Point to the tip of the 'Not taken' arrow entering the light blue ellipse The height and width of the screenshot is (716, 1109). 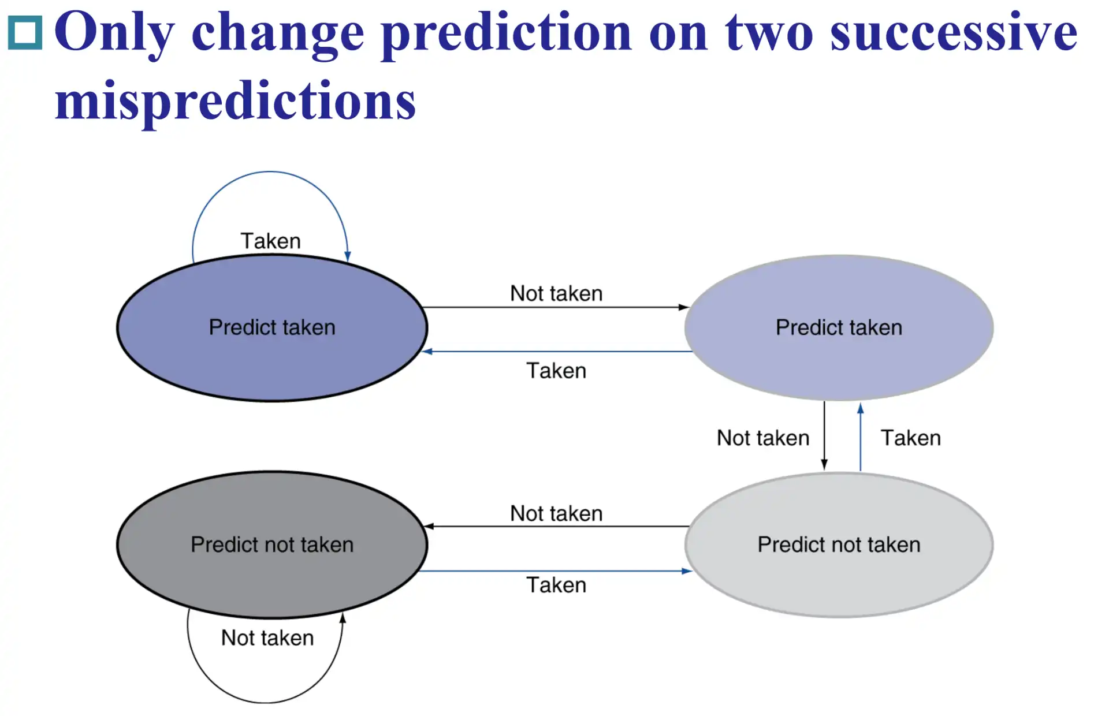point(689,307)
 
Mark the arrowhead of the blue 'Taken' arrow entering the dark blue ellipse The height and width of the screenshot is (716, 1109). point(423,351)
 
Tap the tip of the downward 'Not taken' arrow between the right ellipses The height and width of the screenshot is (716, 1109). point(824,469)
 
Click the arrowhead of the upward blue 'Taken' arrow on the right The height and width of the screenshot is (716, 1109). point(861,404)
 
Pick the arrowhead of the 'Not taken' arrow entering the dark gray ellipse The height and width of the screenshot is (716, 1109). point(424,527)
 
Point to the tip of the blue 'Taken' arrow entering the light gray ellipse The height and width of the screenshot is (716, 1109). point(692,571)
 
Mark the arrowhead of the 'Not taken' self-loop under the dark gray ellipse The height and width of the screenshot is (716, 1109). point(343,613)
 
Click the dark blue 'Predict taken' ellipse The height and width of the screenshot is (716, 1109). point(272,327)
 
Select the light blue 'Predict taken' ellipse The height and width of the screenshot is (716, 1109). point(839,327)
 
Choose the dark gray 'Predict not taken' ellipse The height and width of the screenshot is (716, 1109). point(272,545)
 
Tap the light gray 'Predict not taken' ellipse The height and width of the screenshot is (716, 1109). point(839,545)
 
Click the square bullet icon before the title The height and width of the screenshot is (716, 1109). point(25,32)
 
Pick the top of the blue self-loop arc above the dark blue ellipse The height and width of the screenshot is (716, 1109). point(270,171)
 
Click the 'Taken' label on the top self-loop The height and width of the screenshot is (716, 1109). point(271,241)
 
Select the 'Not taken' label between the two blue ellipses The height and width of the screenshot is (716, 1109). point(556,293)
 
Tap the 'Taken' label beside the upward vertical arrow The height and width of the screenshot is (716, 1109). point(911,438)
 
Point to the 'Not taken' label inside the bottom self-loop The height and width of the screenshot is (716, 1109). point(267,637)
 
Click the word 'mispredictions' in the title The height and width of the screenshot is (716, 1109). point(236,101)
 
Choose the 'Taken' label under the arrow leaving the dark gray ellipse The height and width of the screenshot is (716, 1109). point(556,585)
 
